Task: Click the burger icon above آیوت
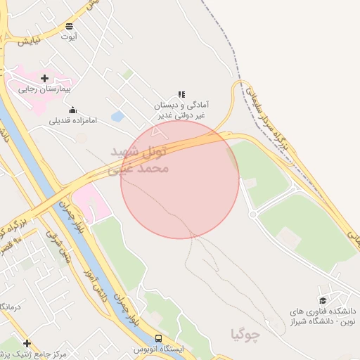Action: pyautogui.click(x=69, y=26)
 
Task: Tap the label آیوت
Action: pyautogui.click(x=69, y=37)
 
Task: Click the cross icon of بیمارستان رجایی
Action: pyautogui.click(x=45, y=78)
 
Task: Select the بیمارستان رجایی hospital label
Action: pyautogui.click(x=45, y=89)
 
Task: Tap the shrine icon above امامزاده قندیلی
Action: pyautogui.click(x=73, y=110)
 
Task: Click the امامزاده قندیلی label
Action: pyautogui.click(x=73, y=120)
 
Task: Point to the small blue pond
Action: pyautogui.click(x=117, y=116)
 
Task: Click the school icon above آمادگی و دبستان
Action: pyautogui.click(x=181, y=94)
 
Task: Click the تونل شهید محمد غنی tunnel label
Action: pyautogui.click(x=141, y=160)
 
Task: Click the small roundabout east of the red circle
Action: pyautogui.click(x=252, y=214)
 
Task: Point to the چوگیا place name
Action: pyautogui.click(x=245, y=334)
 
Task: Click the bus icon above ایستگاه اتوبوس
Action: pyautogui.click(x=158, y=338)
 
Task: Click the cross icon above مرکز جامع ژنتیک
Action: pyautogui.click(x=27, y=344)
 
